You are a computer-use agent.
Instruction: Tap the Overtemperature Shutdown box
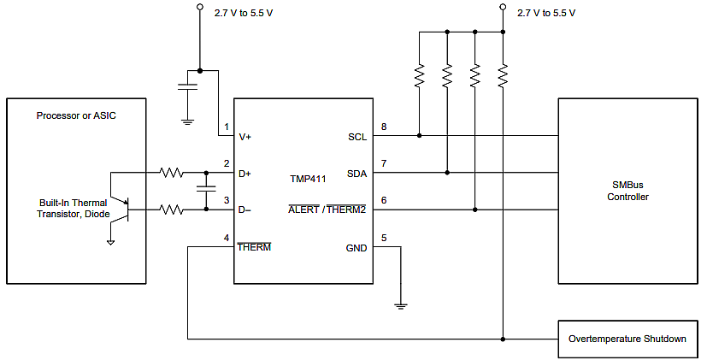[627, 339]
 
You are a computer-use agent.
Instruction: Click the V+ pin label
[245, 136]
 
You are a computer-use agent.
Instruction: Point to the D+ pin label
[245, 174]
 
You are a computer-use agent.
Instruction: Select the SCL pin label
[356, 136]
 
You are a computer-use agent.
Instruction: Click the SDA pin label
[356, 174]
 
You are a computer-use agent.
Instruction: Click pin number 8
[383, 127]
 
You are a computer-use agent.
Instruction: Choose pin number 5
[383, 238]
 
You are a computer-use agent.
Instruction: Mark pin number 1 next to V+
[226, 127]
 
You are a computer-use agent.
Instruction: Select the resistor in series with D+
[171, 173]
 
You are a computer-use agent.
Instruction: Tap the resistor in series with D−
[171, 209]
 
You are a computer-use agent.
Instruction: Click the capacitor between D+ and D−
[205, 191]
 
